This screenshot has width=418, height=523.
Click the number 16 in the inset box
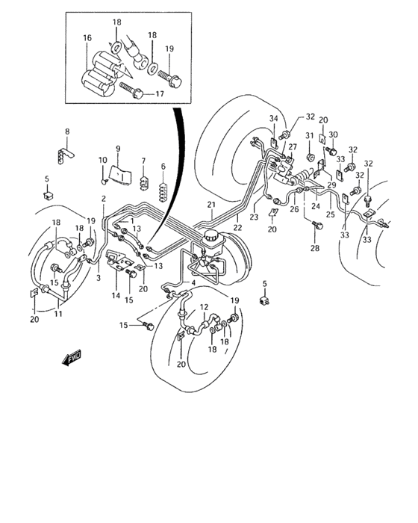tap(87, 38)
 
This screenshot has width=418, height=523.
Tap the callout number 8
tap(66, 132)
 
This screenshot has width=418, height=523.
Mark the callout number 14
tap(116, 296)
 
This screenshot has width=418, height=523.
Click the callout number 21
tap(211, 205)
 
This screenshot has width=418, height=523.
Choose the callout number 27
tap(292, 147)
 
